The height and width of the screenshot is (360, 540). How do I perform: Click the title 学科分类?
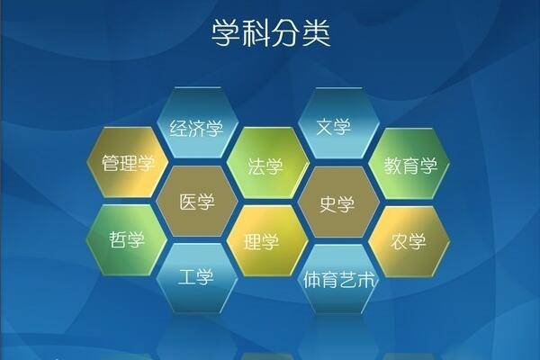point(271,33)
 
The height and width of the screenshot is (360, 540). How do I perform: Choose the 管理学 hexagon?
point(128,164)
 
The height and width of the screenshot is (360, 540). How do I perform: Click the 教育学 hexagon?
point(409,165)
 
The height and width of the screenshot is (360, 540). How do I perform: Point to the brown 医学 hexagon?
point(197,202)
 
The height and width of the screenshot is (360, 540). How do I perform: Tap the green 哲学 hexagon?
point(127,240)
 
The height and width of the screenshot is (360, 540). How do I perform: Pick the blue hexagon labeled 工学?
point(196,277)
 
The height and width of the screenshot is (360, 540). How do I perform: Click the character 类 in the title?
point(315,33)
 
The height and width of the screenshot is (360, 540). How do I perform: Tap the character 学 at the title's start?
point(225,33)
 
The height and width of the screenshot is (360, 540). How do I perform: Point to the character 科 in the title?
point(255,33)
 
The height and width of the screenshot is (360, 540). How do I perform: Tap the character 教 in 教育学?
point(391,166)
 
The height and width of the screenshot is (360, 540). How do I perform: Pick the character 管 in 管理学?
point(111,165)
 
